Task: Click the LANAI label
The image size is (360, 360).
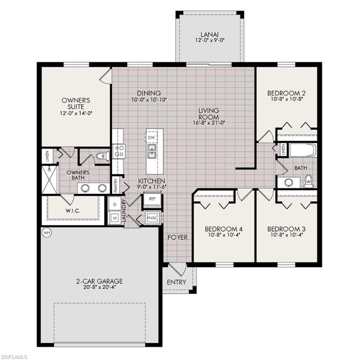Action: (x=210, y=34)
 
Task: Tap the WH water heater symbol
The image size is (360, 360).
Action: (x=46, y=232)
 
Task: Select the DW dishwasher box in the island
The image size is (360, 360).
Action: (x=151, y=138)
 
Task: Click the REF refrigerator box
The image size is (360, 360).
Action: (x=152, y=199)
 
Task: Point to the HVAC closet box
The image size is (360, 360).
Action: (x=152, y=218)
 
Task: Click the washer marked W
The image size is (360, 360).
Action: (x=114, y=218)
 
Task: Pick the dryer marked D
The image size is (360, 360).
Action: (x=114, y=204)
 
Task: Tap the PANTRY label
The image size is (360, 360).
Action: (x=115, y=186)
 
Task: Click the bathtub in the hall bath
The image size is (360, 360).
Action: (x=303, y=150)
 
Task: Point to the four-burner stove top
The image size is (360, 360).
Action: (x=118, y=152)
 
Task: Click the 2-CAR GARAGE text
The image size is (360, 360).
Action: (x=99, y=281)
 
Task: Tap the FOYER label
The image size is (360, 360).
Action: (x=178, y=238)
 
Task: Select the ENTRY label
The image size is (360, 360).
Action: (x=176, y=282)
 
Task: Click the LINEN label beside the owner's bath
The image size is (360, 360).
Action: (x=48, y=157)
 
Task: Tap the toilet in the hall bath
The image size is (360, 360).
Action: (x=308, y=180)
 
